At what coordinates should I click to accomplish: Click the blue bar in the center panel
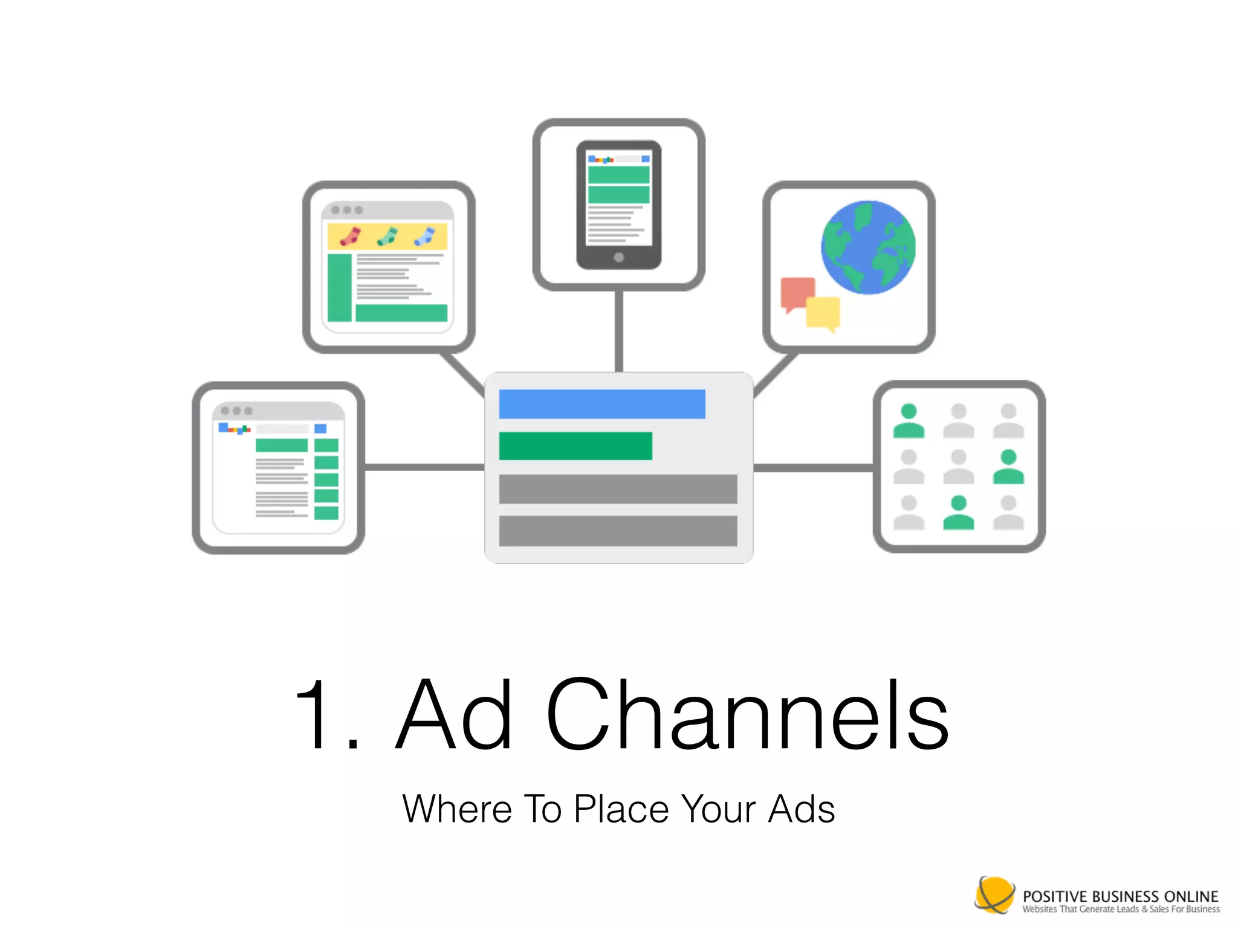point(602,404)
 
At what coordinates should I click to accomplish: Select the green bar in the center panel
point(575,446)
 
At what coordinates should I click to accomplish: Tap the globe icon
point(868,247)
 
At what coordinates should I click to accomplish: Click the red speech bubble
point(797,293)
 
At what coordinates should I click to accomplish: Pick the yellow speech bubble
point(824,313)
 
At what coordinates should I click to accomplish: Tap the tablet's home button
point(618,258)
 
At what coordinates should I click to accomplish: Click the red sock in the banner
point(350,236)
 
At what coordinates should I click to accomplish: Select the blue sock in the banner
point(424,236)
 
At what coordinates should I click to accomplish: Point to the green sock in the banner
point(387,236)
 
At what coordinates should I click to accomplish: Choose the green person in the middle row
point(1008,467)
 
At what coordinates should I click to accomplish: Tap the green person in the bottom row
point(959,513)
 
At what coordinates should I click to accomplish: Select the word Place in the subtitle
point(621,809)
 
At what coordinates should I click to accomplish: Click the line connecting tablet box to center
point(618,331)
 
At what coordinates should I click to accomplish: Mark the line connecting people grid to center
point(813,468)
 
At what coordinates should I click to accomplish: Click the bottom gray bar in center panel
point(618,531)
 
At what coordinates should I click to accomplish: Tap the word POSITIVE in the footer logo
point(1055,896)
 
